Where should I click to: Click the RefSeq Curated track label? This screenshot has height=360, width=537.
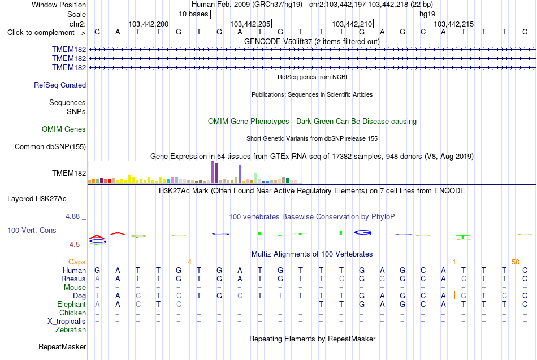coord(60,85)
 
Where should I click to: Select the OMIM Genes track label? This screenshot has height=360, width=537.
coord(64,129)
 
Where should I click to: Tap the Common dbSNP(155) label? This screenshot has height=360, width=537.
coord(50,146)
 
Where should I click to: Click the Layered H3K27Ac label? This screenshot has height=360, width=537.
coord(37,199)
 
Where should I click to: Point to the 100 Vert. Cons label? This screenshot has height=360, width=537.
coord(32,230)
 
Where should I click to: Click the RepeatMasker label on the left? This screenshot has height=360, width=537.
coord(62,346)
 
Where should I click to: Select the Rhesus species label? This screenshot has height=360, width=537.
coord(73,279)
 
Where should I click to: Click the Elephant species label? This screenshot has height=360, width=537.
coord(72,305)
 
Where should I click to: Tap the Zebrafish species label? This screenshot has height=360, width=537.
coord(71,329)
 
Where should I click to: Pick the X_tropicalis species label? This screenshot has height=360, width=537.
coord(67,322)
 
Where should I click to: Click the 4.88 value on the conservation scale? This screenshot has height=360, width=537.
coord(72,216)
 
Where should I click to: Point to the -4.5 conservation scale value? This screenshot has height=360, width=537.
coord(73,245)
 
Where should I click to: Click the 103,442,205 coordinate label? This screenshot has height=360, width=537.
coord(250,24)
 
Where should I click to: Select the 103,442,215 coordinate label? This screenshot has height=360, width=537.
coord(454,24)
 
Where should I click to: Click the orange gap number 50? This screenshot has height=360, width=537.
coord(516,262)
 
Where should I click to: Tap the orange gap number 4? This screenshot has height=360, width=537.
coord(189,262)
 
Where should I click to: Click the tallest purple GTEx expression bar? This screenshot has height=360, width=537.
coord(213,172)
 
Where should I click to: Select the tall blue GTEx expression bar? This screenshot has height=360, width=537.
coord(240,174)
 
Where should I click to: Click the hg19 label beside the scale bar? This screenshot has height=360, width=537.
coord(427,14)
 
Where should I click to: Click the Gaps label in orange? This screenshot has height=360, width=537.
coord(77,262)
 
